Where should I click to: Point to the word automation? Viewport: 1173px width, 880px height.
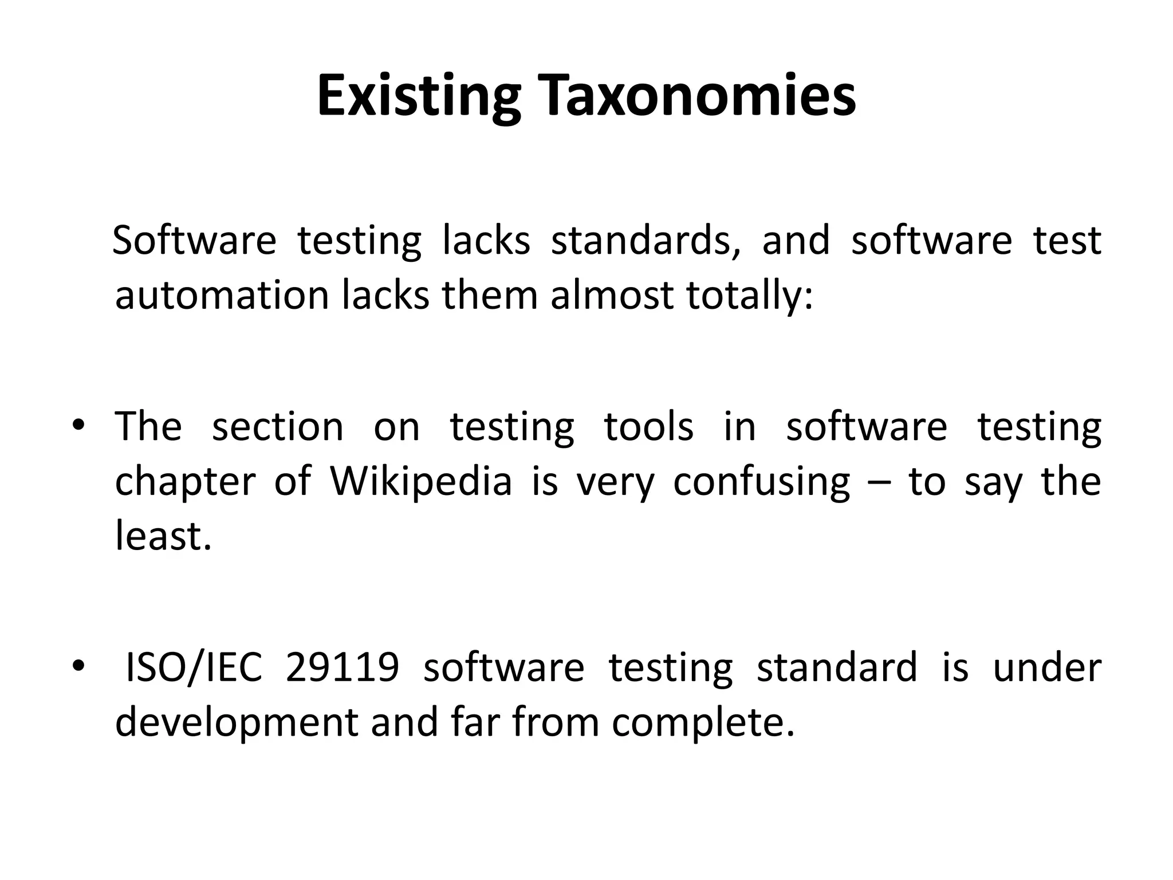click(222, 296)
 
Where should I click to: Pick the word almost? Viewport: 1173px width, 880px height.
click(612, 296)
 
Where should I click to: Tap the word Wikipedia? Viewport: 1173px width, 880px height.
click(421, 481)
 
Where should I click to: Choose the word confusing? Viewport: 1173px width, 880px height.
click(761, 481)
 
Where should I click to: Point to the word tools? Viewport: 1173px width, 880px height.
click(648, 427)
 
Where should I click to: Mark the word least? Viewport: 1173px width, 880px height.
click(163, 536)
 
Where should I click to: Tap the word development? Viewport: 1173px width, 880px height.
click(237, 722)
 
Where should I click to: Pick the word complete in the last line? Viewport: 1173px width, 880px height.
click(703, 722)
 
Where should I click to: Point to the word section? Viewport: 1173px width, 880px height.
click(278, 427)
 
